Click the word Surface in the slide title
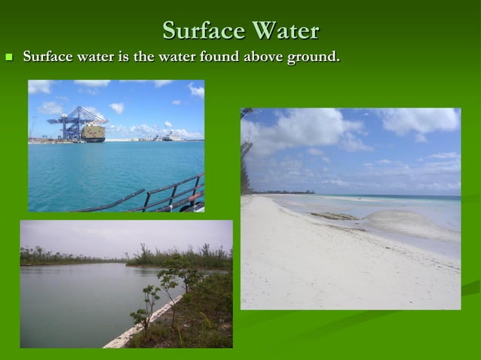pos(204,31)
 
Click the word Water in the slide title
pos(285,31)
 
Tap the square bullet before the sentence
pos(10,57)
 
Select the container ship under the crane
pos(93,133)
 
